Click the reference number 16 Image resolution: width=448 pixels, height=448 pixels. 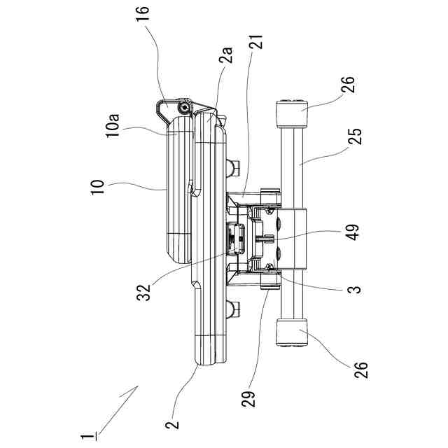143,13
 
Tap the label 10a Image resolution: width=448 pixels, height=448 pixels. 113,126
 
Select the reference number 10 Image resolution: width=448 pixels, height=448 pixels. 97,187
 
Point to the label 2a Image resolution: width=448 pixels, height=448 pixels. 225,55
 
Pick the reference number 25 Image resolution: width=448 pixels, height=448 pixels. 355,136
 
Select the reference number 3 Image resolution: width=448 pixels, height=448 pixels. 354,290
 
